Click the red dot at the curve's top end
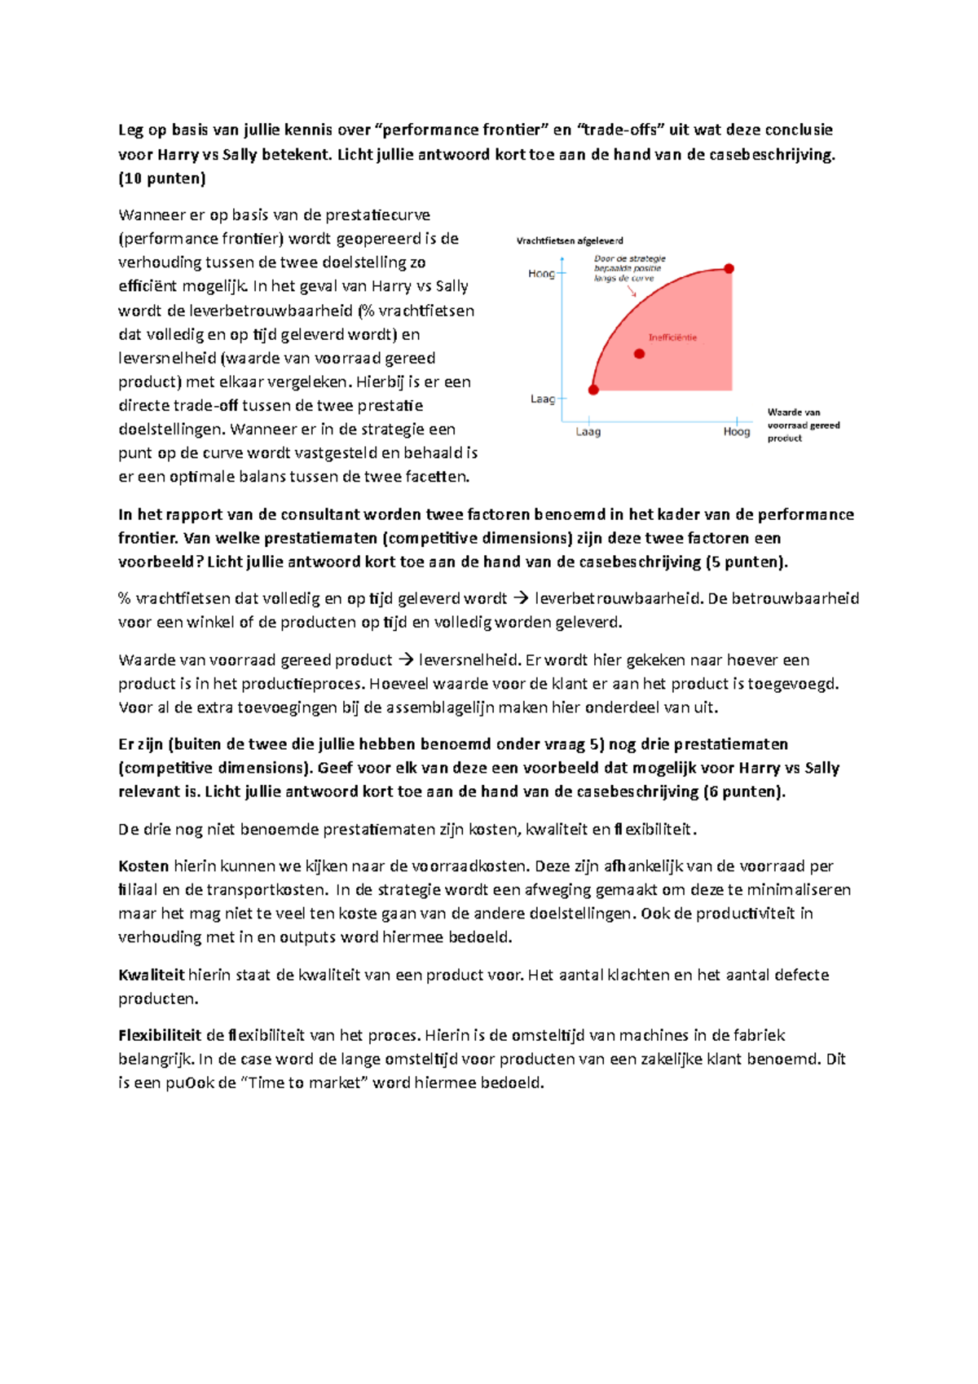[729, 268]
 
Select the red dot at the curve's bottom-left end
[593, 390]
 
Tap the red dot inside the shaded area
[639, 354]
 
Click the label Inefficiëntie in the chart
[672, 337]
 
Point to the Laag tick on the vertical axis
[543, 399]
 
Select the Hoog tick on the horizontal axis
[737, 431]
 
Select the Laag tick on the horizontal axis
[588, 431]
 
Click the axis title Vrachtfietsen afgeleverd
[570, 240]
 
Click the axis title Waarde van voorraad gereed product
[803, 425]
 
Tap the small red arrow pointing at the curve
[632, 291]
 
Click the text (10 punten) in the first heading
[162, 178]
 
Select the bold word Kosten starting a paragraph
[143, 866]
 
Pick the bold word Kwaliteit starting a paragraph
[151, 975]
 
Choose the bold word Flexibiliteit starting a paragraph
[160, 1036]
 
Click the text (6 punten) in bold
[744, 791]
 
